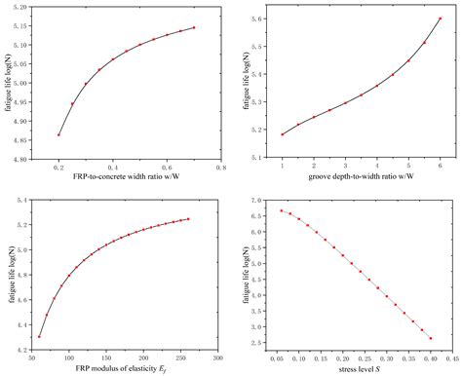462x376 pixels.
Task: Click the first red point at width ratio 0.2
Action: pyautogui.click(x=58, y=134)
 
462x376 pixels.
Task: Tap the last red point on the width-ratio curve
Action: pyautogui.click(x=194, y=27)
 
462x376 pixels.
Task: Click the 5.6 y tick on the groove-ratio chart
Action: pyautogui.click(x=257, y=19)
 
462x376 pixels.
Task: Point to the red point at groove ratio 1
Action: pyautogui.click(x=282, y=134)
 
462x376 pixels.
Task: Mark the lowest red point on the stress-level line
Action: pyautogui.click(x=430, y=339)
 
